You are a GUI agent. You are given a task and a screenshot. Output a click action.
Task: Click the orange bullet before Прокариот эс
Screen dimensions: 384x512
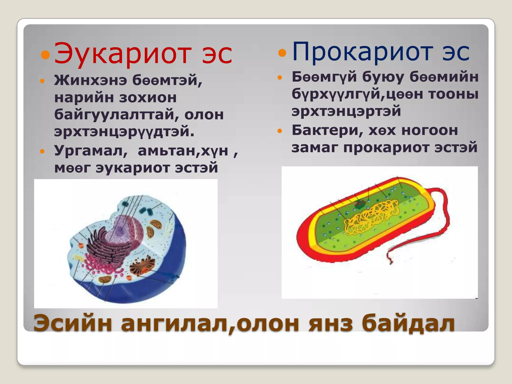pos(282,52)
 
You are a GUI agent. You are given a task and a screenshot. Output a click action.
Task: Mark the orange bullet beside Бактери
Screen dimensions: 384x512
pos(280,131)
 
